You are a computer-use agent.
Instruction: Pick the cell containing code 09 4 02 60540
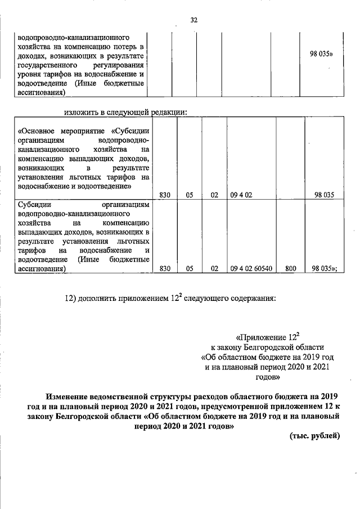click(x=251, y=269)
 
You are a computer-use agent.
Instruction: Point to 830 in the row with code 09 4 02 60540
click(x=165, y=269)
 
